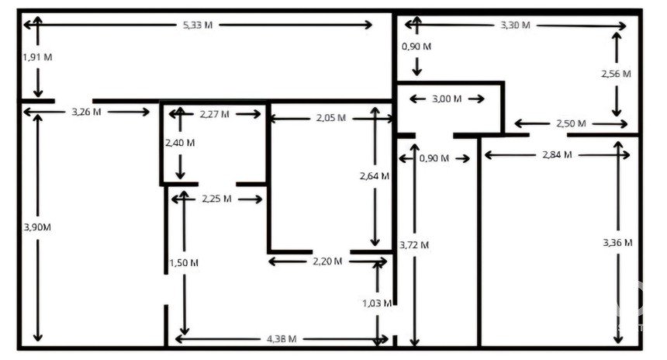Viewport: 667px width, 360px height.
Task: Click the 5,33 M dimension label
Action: click(x=197, y=25)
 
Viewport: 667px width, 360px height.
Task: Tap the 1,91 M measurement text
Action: click(x=37, y=57)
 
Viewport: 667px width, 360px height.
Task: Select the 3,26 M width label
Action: click(x=86, y=112)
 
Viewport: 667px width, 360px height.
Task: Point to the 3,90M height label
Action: click(x=37, y=227)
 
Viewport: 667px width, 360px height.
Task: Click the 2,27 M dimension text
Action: click(x=214, y=114)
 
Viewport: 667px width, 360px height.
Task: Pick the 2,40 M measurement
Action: click(x=180, y=143)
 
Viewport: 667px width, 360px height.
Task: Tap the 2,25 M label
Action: click(x=216, y=199)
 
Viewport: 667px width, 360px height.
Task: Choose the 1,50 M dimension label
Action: click(x=184, y=263)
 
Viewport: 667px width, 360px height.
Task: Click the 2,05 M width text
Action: click(x=331, y=118)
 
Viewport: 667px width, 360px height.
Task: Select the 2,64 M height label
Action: click(x=375, y=176)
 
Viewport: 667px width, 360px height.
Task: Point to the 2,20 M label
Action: click(x=327, y=261)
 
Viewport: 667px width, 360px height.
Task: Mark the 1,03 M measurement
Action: click(x=377, y=303)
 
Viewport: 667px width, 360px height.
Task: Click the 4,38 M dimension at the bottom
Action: click(x=282, y=339)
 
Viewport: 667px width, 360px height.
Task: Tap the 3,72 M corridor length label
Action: click(x=414, y=245)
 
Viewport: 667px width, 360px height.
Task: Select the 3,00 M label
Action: click(x=447, y=99)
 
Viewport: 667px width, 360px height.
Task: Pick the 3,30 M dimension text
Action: click(x=515, y=25)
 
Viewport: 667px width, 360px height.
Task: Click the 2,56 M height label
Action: click(x=616, y=74)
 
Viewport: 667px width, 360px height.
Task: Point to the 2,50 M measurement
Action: click(x=571, y=124)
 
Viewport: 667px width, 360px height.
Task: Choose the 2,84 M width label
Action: click(x=557, y=155)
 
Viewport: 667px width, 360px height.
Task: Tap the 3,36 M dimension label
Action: click(x=617, y=243)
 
